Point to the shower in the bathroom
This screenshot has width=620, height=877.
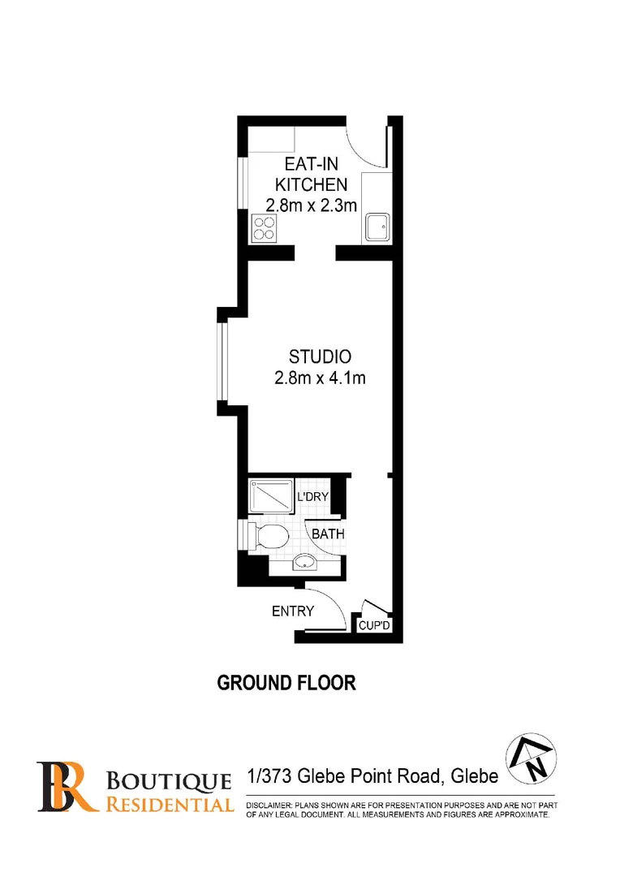click(270, 495)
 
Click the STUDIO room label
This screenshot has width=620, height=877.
click(320, 356)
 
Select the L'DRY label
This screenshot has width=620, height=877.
click(312, 496)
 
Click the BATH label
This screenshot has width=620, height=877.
click(328, 534)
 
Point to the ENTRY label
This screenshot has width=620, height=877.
click(292, 611)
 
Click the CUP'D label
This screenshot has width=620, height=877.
click(375, 626)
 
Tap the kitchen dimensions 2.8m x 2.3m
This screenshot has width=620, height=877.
click(312, 205)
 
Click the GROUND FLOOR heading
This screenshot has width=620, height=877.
click(286, 682)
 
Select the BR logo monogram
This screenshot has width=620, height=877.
click(67, 786)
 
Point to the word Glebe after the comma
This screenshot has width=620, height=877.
click(472, 777)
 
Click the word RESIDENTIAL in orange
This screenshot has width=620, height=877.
click(169, 805)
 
